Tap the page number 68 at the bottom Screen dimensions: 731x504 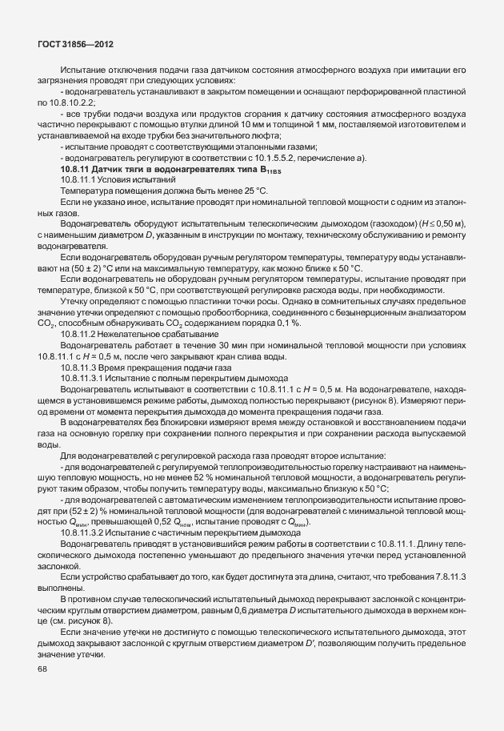pos(42,670)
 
